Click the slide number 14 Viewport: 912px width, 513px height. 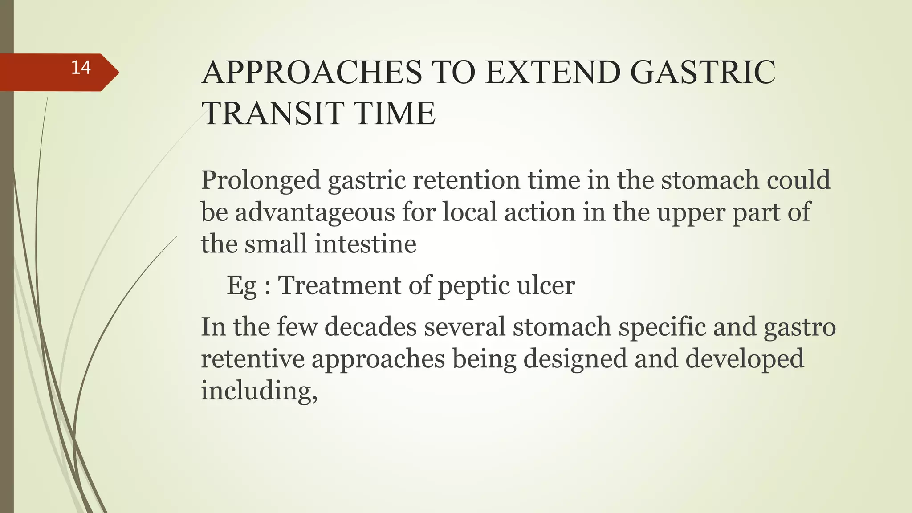coord(81,68)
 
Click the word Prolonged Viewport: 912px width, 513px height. coord(261,180)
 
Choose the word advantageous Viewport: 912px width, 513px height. coord(315,212)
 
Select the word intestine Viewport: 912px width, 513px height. coord(365,244)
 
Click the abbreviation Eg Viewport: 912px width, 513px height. coord(242,285)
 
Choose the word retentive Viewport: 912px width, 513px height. coord(252,359)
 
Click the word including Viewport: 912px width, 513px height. coord(259,391)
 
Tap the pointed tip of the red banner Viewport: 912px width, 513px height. coord(118,72)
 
